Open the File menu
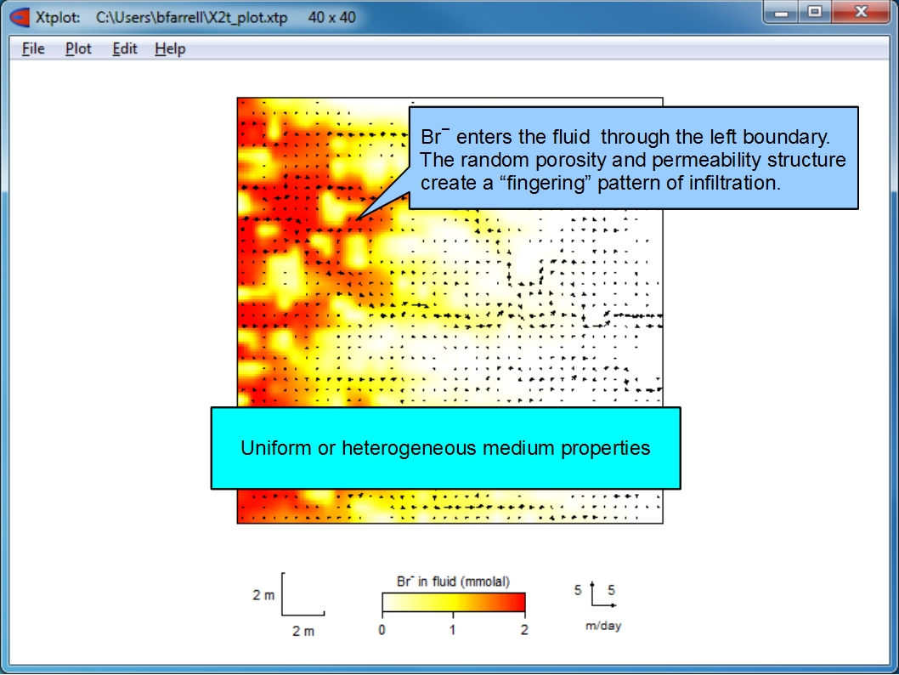(x=32, y=48)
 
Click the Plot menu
(x=78, y=48)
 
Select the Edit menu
(x=124, y=48)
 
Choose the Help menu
(x=170, y=49)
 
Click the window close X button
(x=860, y=11)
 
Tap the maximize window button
(x=815, y=11)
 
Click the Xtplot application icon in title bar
(x=20, y=17)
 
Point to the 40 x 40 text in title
(x=331, y=17)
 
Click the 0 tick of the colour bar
(x=382, y=630)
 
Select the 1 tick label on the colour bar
(x=452, y=630)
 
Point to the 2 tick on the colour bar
(x=524, y=630)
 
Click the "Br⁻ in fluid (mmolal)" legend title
(x=453, y=581)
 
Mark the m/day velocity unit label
(x=603, y=626)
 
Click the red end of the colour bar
(x=518, y=602)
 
